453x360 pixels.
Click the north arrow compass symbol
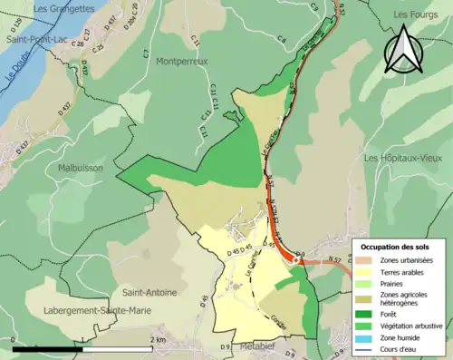[404, 51]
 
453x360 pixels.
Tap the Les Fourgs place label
[415, 15]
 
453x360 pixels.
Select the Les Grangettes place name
[63, 8]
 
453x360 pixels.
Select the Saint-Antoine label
[150, 292]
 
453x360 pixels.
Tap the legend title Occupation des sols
[395, 247]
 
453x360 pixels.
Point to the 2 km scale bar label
[159, 340]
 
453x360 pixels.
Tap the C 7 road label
[146, 55]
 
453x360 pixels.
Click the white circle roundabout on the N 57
[295, 260]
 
